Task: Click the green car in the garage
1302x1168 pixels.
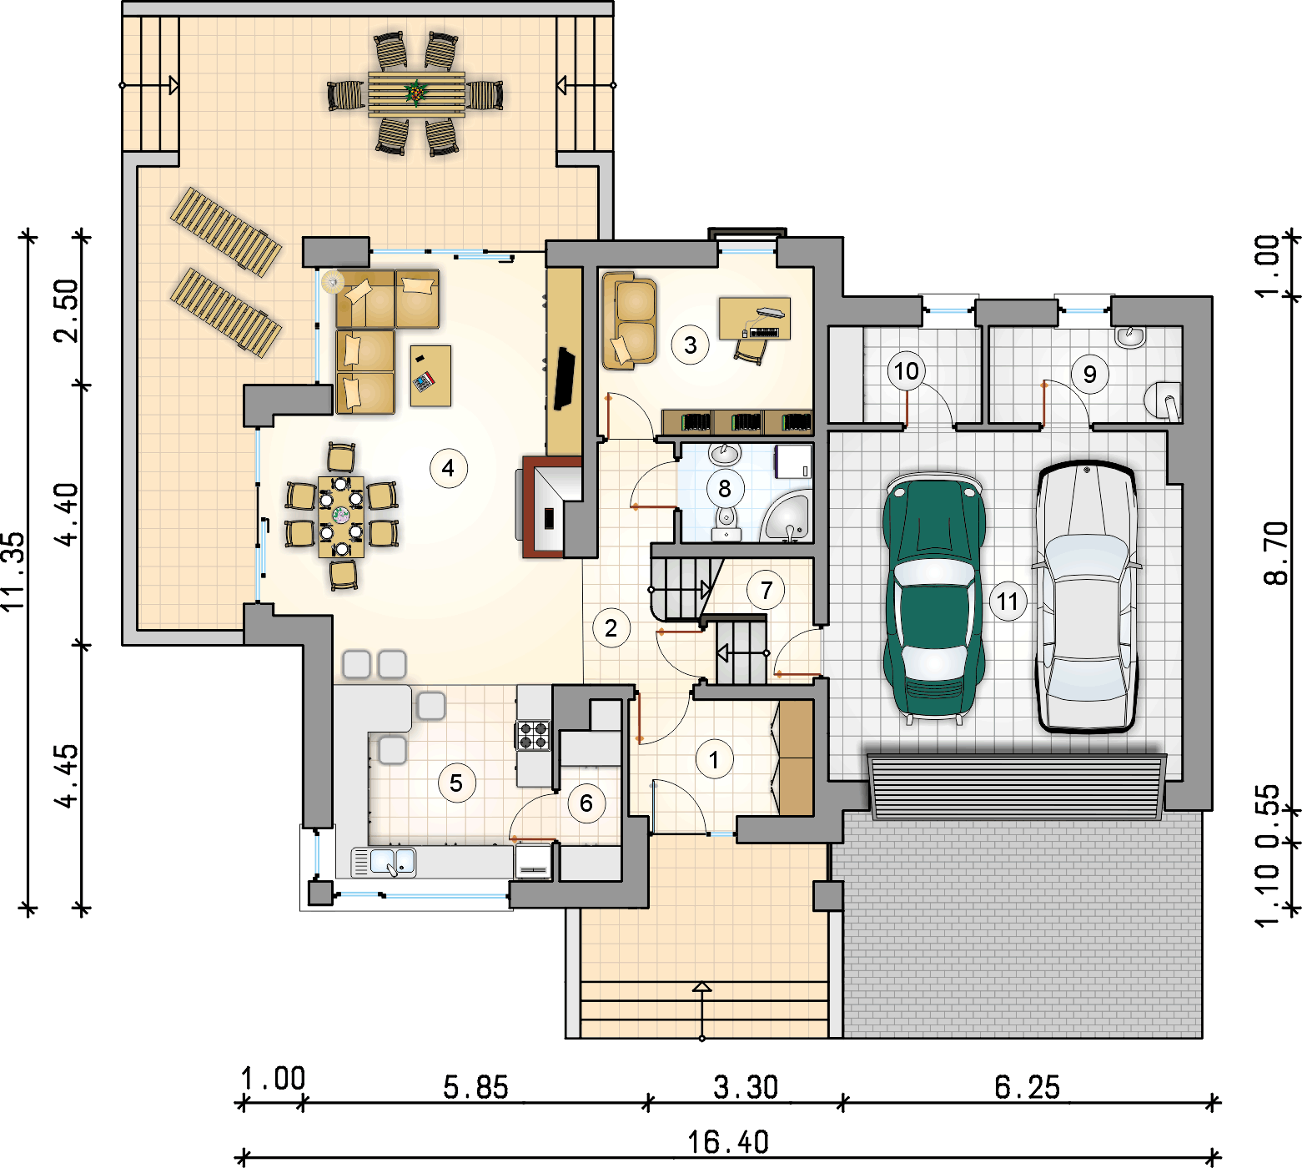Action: (934, 597)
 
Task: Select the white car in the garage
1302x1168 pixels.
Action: (1087, 597)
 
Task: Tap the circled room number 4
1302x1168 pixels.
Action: (448, 468)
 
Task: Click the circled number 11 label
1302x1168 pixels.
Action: (1008, 602)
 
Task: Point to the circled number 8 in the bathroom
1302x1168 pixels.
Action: (724, 489)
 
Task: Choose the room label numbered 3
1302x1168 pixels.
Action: (690, 345)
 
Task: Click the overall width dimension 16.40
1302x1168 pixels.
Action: (728, 1141)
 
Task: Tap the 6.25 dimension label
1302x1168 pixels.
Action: (1028, 1087)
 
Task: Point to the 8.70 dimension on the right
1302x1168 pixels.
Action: (1275, 553)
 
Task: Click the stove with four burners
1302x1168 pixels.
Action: (534, 735)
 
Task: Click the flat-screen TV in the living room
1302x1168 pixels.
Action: (564, 379)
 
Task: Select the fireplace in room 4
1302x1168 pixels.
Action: (551, 507)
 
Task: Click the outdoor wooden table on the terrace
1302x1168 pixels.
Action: (416, 94)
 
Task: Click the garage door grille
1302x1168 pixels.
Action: (1016, 787)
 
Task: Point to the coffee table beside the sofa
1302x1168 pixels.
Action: (430, 375)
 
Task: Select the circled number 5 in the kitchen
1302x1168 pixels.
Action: (456, 783)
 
